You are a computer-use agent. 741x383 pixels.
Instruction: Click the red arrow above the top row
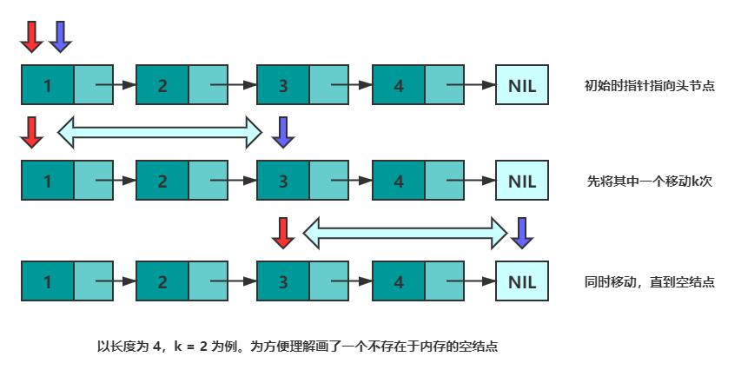31,36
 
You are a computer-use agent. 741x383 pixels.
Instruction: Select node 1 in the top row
47,86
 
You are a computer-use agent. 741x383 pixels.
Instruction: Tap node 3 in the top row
283,86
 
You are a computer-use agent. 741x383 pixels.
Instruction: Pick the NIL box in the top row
522,86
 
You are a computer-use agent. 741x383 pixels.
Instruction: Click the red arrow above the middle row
31,131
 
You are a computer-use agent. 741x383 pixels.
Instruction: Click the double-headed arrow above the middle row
159,131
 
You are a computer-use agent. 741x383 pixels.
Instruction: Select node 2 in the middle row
162,182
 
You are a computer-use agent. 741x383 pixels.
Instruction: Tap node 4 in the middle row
398,182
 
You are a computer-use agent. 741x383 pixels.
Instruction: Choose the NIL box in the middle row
522,182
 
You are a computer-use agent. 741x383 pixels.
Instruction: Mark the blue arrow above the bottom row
521,232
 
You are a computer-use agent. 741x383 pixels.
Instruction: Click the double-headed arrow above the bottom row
405,232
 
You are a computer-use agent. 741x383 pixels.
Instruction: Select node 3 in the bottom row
283,282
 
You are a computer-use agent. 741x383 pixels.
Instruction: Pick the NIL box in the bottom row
522,282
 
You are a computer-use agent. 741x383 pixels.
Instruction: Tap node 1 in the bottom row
47,282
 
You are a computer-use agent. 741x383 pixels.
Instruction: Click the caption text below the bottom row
297,346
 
